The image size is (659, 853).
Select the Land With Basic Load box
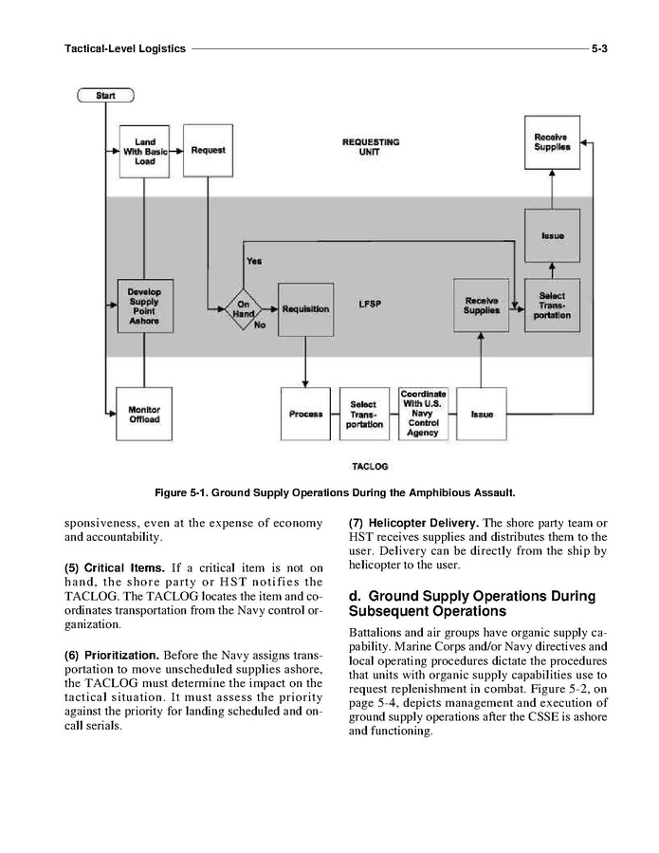tap(144, 150)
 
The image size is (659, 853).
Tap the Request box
tap(208, 150)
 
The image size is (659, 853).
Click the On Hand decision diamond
tap(244, 309)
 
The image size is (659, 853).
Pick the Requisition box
tap(305, 309)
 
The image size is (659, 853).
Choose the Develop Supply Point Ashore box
tap(144, 305)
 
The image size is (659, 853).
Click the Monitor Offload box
tap(144, 414)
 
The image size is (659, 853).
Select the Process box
tap(306, 414)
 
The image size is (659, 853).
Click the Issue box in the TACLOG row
tap(481, 414)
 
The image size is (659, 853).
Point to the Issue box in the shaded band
tap(552, 235)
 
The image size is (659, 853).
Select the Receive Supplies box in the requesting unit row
tap(552, 143)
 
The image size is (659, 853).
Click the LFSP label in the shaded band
tap(370, 305)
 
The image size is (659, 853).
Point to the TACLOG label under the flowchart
tap(369, 467)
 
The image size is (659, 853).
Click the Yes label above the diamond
tap(254, 261)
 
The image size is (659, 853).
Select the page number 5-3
tap(599, 46)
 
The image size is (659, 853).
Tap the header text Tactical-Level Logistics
tap(124, 46)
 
